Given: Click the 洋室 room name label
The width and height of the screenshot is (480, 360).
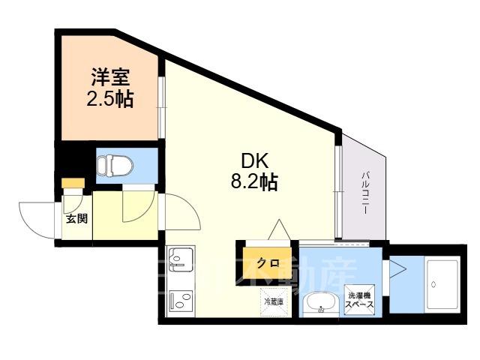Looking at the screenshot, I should [x=109, y=77].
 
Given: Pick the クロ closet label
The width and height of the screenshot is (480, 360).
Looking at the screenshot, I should [x=267, y=262].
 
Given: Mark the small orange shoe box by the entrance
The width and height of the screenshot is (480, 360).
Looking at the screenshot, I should [x=73, y=183].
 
